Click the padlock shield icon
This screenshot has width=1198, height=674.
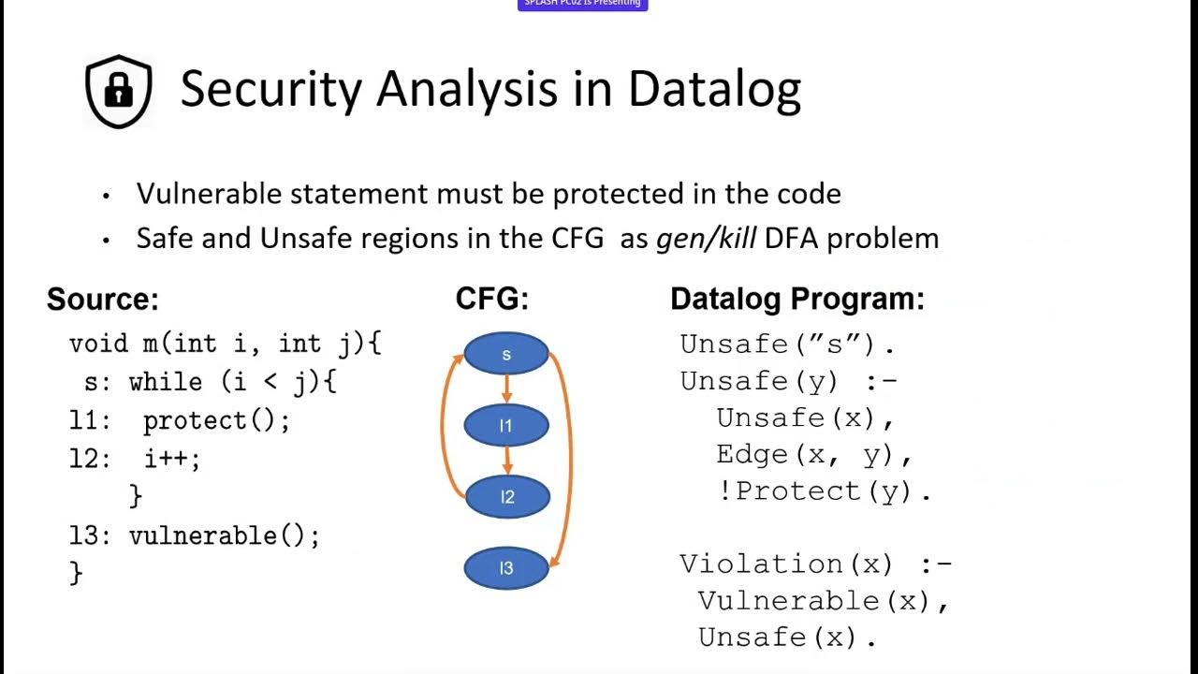[119, 91]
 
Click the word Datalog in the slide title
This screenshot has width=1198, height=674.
[713, 89]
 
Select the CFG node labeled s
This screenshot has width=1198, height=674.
[506, 354]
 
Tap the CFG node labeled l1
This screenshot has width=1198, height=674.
[506, 426]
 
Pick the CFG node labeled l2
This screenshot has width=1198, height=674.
[506, 497]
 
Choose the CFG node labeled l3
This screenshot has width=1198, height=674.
[506, 568]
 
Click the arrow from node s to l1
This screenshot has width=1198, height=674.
[506, 389]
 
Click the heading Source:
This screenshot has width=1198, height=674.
[103, 300]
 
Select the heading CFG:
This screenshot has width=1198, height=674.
[492, 300]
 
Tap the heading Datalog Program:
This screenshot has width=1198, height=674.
[796, 300]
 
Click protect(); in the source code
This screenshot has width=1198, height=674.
[216, 420]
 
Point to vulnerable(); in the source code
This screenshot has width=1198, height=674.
[225, 535]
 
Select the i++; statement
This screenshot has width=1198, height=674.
[172, 459]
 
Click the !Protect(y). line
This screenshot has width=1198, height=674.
[824, 491]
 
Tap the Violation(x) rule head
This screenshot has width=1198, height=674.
[786, 564]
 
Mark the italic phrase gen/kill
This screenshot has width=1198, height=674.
[707, 238]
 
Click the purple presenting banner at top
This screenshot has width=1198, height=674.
[582, 5]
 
